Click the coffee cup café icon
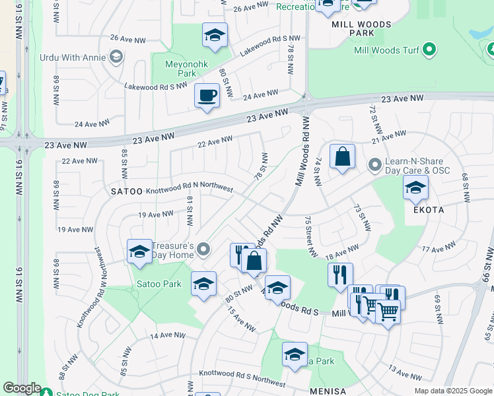[x=207, y=95]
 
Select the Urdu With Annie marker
[x=116, y=57]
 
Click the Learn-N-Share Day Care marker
[x=375, y=164]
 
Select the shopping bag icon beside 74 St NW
[x=342, y=157]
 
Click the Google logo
[x=21, y=388]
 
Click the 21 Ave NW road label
[x=388, y=137]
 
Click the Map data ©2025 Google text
[x=453, y=391]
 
